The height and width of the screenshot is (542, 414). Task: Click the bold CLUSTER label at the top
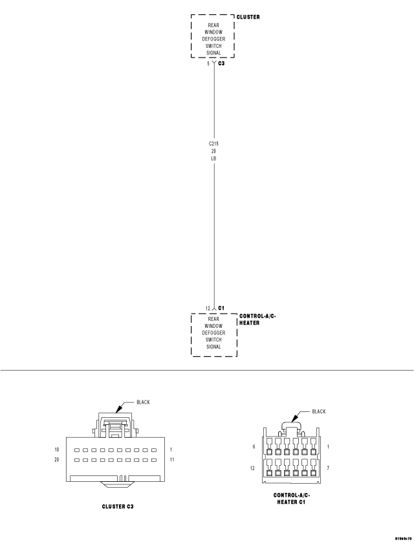[x=248, y=17]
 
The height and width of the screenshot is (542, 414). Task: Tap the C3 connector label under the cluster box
[x=222, y=64]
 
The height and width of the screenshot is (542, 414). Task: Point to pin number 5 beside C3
[x=208, y=64]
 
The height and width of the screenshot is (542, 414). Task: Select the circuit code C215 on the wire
[x=213, y=144]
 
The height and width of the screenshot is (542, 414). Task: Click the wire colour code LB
[x=213, y=158]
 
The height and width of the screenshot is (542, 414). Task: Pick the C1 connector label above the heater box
[x=221, y=308]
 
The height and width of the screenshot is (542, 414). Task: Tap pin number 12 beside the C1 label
[x=207, y=308]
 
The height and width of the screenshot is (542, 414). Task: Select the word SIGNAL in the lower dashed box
[x=213, y=347]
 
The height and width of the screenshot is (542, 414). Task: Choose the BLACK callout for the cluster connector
[x=142, y=402]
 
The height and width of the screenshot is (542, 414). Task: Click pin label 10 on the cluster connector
[x=58, y=449]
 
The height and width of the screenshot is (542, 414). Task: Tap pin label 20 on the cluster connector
[x=58, y=460]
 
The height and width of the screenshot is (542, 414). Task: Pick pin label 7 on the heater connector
[x=329, y=467]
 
